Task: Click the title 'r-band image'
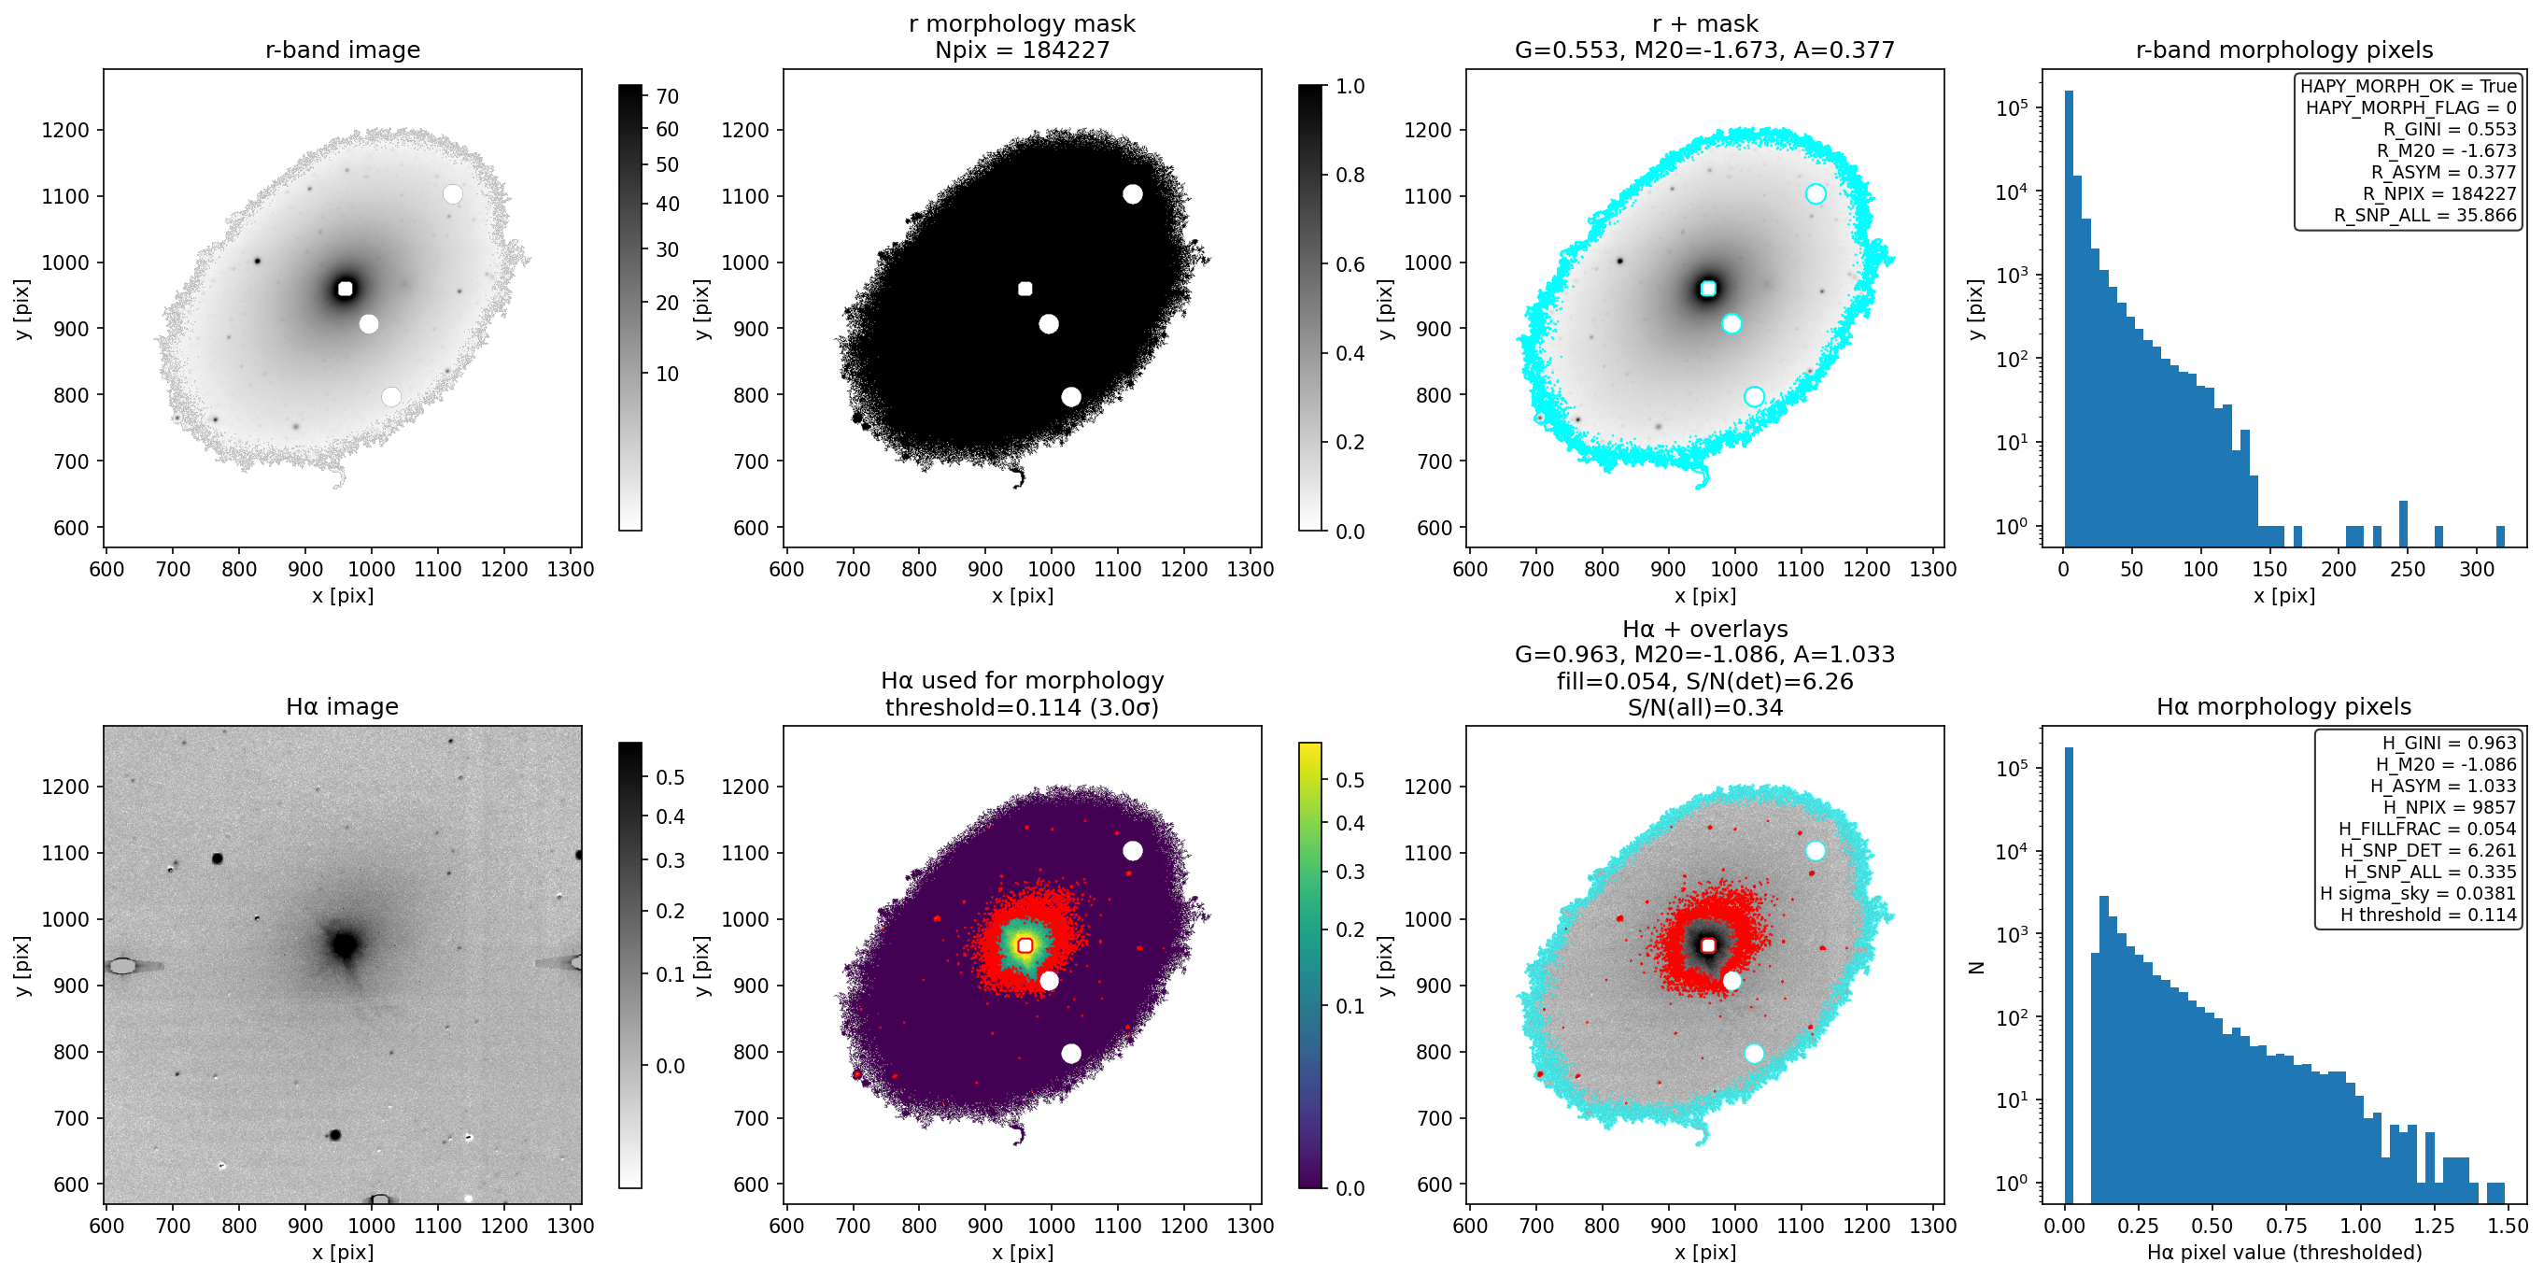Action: tap(343, 50)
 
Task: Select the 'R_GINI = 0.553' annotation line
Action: tap(2449, 129)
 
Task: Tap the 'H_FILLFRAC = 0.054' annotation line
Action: tap(2427, 829)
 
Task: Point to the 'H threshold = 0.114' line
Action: tap(2428, 915)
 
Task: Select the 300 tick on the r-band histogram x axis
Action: tap(2477, 569)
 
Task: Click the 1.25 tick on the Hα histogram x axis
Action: tap(2435, 1226)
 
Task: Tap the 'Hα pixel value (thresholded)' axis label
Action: tap(2284, 1253)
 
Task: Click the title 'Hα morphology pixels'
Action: tap(2283, 706)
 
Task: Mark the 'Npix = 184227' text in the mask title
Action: tap(1022, 50)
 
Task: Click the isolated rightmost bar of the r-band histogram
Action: tap(2500, 536)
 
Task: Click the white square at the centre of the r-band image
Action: tap(345, 289)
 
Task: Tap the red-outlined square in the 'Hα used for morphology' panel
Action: tap(1025, 945)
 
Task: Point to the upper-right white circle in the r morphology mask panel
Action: tap(1133, 193)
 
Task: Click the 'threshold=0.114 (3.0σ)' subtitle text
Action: tap(1022, 707)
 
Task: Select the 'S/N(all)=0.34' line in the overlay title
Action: tap(1705, 707)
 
